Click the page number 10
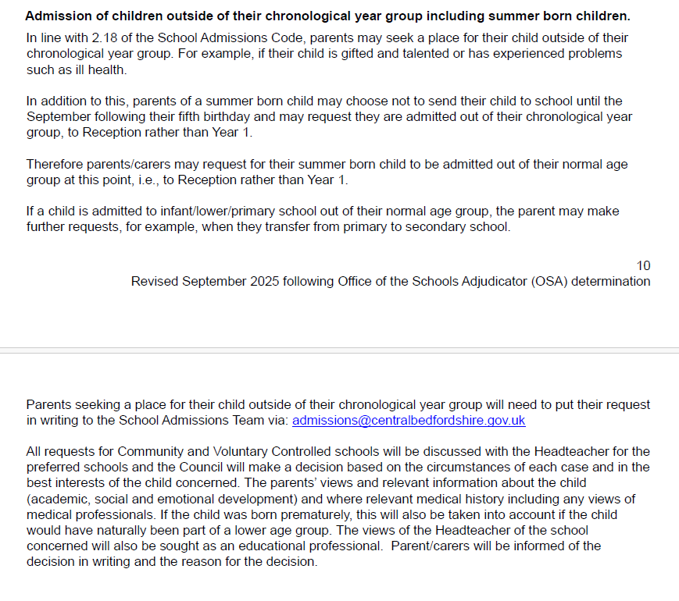[x=643, y=266]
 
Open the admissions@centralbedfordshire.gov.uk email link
[x=409, y=421]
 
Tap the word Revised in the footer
[x=155, y=281]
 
